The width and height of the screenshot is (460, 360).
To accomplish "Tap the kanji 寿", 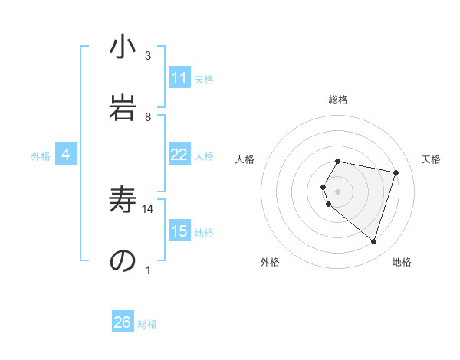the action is (123, 201).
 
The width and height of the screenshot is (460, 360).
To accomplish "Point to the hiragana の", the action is (123, 260).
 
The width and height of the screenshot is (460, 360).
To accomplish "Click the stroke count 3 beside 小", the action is (148, 56).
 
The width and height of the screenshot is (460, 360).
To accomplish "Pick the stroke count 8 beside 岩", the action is (148, 116).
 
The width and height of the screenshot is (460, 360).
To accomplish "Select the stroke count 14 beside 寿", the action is (148, 208).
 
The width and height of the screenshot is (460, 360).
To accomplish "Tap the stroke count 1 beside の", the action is (148, 269).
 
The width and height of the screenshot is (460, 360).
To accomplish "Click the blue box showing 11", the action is (179, 78).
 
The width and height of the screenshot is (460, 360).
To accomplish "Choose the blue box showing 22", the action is (179, 155).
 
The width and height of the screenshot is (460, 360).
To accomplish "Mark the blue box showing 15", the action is (179, 231).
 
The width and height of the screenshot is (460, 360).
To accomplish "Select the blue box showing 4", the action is (66, 155).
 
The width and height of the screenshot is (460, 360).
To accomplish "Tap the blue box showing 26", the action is (123, 322).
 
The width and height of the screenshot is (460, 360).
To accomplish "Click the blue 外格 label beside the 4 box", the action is (41, 155).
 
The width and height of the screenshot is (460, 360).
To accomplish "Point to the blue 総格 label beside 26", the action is (147, 324).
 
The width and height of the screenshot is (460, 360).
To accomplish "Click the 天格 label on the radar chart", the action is (431, 159).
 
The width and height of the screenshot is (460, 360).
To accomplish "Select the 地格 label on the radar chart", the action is (402, 262).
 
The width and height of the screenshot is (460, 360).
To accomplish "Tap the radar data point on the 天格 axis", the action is (396, 172).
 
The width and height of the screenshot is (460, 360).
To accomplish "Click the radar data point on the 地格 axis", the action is (373, 241).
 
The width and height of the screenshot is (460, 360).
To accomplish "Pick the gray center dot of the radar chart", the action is (337, 191).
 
